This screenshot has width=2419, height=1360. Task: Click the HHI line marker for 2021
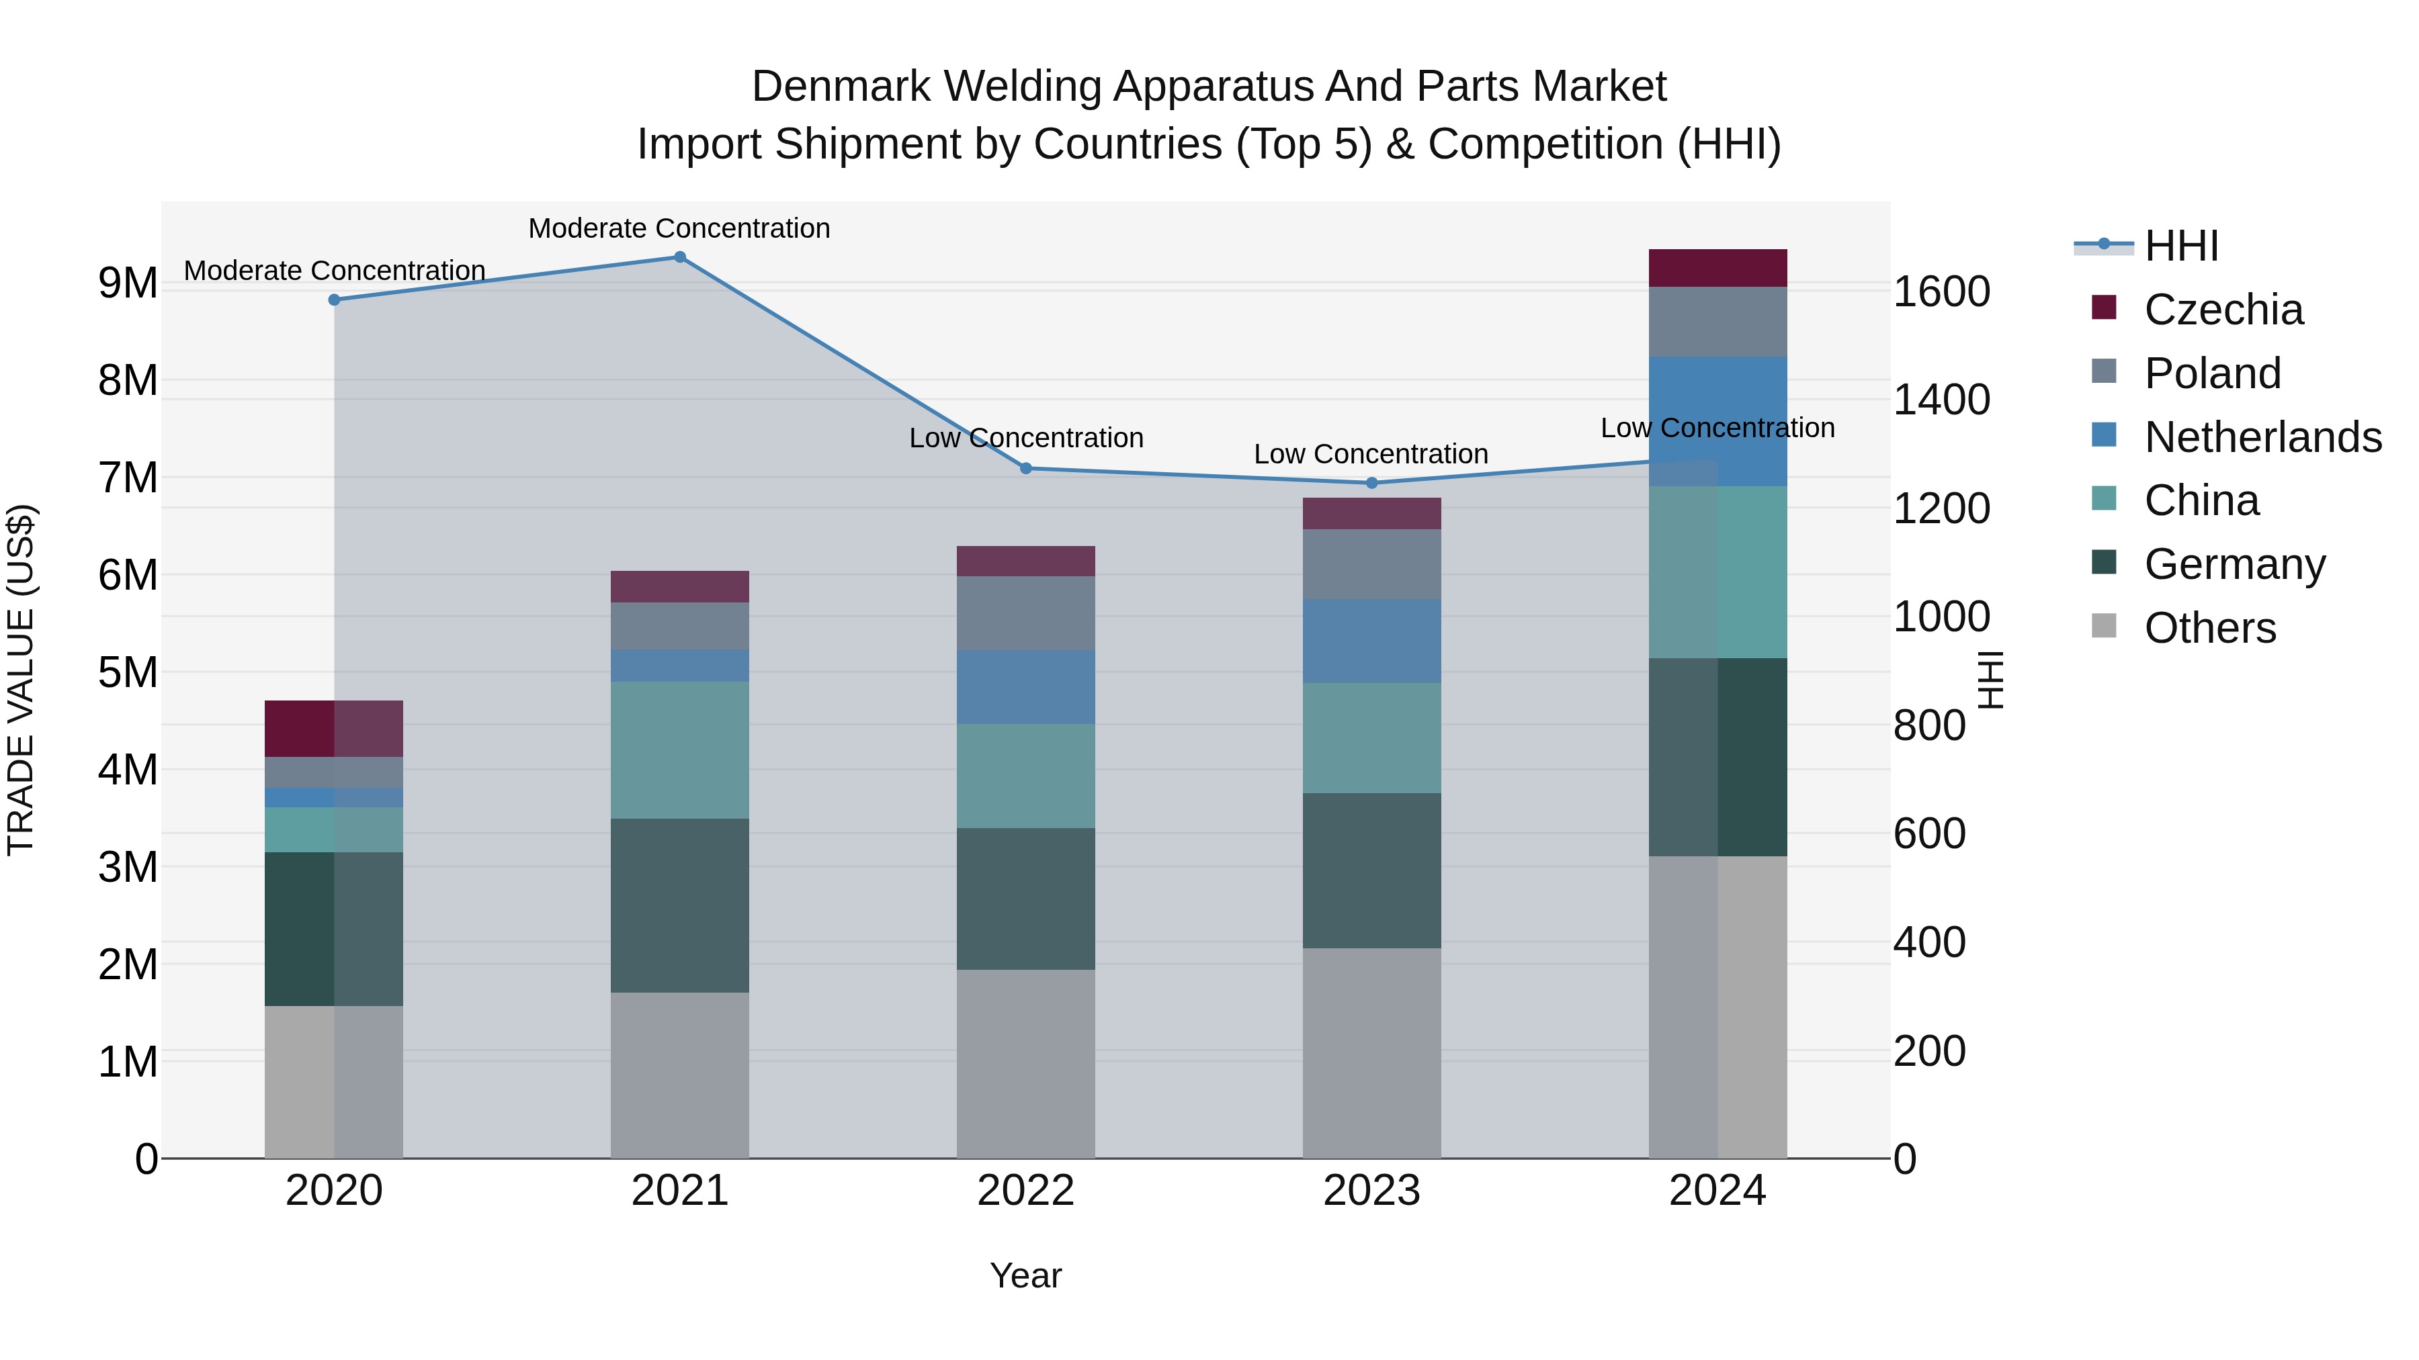coord(680,257)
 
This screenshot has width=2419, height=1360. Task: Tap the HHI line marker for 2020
coord(335,300)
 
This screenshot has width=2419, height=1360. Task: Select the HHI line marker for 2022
coord(1025,468)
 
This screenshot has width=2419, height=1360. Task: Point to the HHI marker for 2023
coord(1372,484)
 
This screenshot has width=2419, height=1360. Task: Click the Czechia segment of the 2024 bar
coord(1717,269)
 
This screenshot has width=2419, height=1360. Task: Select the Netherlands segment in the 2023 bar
coord(1372,641)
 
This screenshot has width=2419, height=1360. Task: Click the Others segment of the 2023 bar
coord(1372,1052)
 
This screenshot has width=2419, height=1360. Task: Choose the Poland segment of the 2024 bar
coord(1717,322)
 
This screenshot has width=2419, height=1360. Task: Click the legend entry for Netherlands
coord(2262,437)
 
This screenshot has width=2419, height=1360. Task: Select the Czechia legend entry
coord(2223,310)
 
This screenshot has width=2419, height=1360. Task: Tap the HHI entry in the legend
coord(2181,246)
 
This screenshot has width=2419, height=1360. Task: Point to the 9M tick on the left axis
coord(128,283)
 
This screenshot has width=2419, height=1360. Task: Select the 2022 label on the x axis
coord(1025,1191)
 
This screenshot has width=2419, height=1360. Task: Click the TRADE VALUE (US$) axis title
coord(22,680)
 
